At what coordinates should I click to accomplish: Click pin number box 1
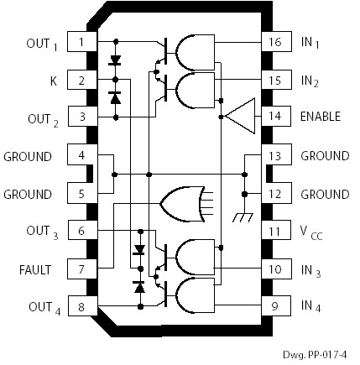click(81, 41)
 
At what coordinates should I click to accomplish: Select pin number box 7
click(81, 269)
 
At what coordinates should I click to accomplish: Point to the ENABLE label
click(321, 117)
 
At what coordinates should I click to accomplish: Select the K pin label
click(52, 81)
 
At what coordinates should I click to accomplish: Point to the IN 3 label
click(311, 271)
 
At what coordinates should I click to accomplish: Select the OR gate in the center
click(183, 201)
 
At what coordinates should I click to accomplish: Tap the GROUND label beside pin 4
click(28, 156)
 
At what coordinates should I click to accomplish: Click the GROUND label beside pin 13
click(325, 156)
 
